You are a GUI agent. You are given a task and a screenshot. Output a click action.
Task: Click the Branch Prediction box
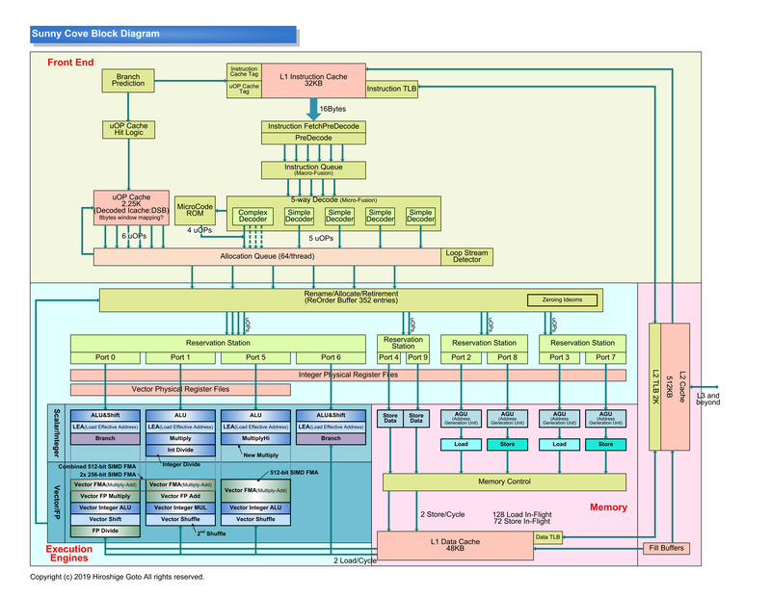tap(128, 81)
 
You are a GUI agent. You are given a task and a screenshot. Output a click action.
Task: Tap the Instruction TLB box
tap(391, 89)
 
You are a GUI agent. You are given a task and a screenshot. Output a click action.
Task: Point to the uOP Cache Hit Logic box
tap(128, 129)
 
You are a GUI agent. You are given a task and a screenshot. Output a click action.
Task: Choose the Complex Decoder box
tap(253, 217)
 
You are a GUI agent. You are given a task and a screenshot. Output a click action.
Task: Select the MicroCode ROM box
tap(196, 208)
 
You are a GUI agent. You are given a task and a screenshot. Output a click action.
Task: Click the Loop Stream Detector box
tap(467, 257)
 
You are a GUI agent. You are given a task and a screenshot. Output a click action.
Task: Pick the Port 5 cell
tap(255, 357)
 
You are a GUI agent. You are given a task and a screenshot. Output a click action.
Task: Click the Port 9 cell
tap(417, 357)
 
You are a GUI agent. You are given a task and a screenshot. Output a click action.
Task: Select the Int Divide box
tap(180, 449)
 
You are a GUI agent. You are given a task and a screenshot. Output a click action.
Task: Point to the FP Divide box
tap(105, 531)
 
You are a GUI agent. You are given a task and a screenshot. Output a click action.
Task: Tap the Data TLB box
tap(548, 537)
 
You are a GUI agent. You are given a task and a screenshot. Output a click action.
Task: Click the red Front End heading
tap(70, 63)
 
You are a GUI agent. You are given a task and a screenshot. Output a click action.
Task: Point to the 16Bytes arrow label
tap(332, 109)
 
